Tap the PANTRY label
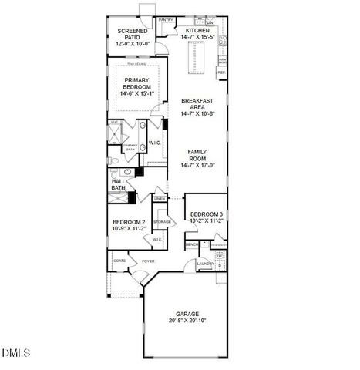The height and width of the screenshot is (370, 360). coord(166,21)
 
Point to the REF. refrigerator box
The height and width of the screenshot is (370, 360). coord(221,73)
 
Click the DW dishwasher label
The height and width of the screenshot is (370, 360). coord(210,23)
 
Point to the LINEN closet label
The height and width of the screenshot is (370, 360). coord(160,199)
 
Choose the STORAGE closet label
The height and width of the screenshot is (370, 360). coord(162,222)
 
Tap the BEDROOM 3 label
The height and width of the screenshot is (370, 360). coord(206,214)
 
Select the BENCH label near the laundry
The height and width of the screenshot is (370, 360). coord(192,244)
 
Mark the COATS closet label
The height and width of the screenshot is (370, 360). coord(119,261)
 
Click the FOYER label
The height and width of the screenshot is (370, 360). coord(148,261)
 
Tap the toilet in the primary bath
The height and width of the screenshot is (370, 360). coord(113,160)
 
